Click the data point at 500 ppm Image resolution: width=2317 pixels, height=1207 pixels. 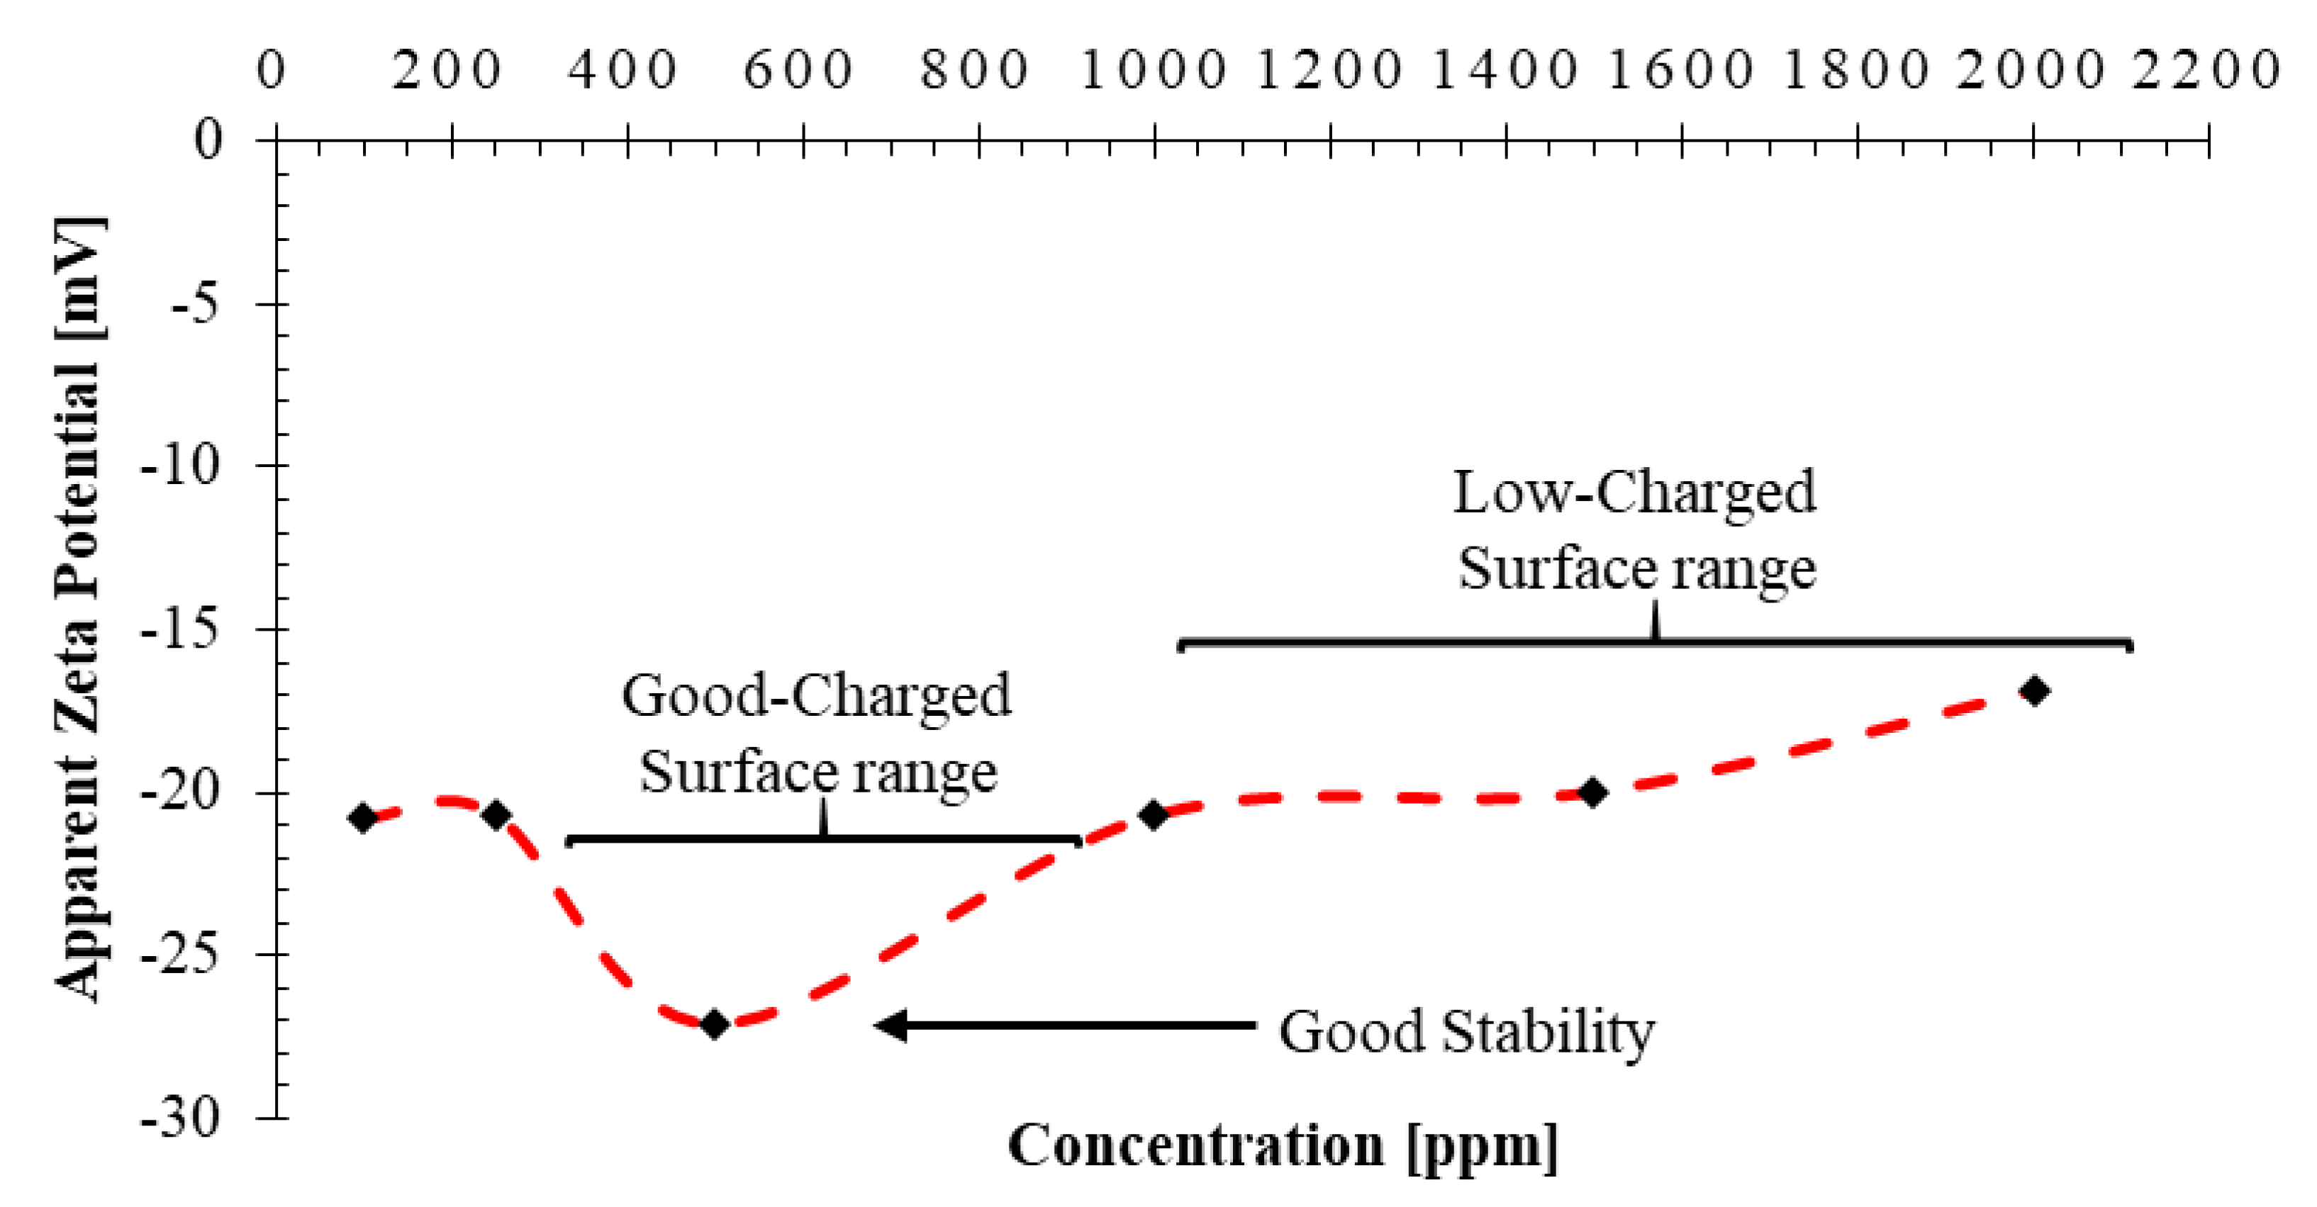pyautogui.click(x=714, y=1023)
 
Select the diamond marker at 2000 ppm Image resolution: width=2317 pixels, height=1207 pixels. pyautogui.click(x=2035, y=691)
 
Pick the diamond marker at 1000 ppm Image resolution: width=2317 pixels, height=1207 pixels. pyautogui.click(x=1153, y=815)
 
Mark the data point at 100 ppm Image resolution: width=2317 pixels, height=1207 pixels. pyautogui.click(x=362, y=818)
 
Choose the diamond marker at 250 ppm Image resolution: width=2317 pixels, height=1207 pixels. pyautogui.click(x=496, y=815)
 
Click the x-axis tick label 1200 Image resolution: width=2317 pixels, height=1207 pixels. pyautogui.click(x=1329, y=70)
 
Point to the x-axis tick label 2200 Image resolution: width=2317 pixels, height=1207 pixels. pyautogui.click(x=2206, y=70)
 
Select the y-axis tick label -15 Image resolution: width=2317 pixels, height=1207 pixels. pyautogui.click(x=181, y=629)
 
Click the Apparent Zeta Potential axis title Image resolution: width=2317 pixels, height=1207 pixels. pyautogui.click(x=79, y=610)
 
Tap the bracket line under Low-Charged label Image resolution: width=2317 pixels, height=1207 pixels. pyautogui.click(x=1655, y=643)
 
